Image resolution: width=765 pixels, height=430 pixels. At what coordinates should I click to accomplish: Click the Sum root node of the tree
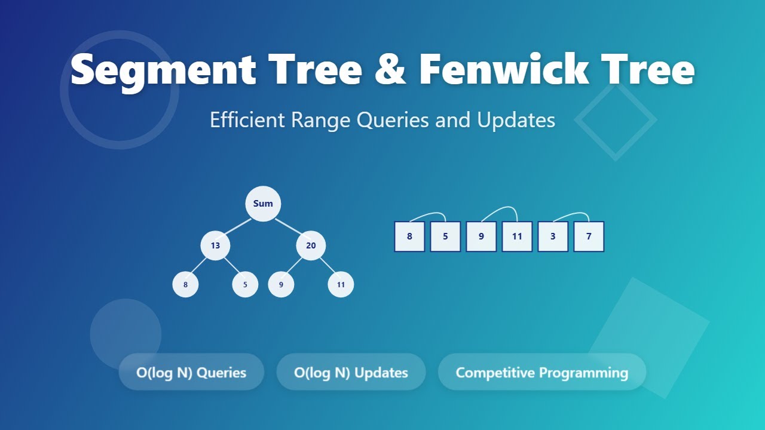tap(263, 204)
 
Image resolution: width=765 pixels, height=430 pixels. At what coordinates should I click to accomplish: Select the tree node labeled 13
tap(215, 245)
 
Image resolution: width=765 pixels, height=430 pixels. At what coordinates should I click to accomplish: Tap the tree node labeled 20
tap(311, 245)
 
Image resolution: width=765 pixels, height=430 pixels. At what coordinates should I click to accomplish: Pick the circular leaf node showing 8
tap(185, 284)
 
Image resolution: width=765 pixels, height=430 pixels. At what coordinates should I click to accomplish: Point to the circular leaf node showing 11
tap(341, 284)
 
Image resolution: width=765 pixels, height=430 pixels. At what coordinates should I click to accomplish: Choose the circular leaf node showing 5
tap(245, 284)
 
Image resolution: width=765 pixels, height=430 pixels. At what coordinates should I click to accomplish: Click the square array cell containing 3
tap(553, 236)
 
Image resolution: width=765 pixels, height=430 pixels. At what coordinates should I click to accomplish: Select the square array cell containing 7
tap(589, 236)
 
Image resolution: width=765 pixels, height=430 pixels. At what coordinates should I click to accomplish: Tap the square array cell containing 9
tap(481, 236)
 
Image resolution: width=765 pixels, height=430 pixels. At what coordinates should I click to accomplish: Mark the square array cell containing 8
tap(409, 236)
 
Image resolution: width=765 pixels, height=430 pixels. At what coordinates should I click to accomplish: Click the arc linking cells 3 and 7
tap(571, 213)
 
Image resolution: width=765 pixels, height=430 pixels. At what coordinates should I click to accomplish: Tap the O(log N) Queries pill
tap(191, 372)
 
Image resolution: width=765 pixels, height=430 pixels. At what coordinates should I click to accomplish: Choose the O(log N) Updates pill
tap(351, 372)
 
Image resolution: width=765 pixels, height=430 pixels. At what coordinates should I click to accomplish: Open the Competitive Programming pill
tap(541, 372)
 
